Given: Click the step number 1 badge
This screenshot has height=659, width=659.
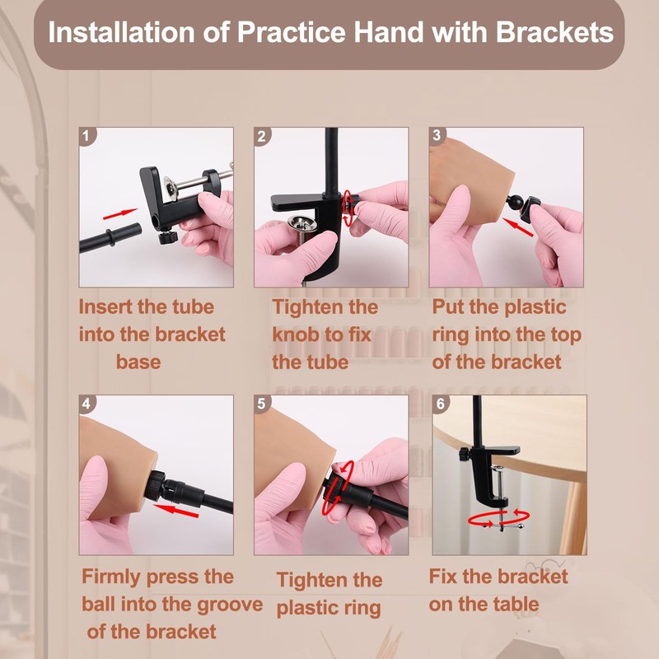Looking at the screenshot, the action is pyautogui.click(x=87, y=136).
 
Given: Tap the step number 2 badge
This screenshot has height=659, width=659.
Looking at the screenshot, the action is pyautogui.click(x=262, y=136).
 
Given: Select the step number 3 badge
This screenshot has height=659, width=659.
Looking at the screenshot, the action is pyautogui.click(x=437, y=135).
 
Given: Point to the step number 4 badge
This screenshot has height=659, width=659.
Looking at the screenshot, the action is pyautogui.click(x=87, y=404).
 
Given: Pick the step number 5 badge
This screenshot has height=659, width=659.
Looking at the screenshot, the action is pyautogui.click(x=262, y=404).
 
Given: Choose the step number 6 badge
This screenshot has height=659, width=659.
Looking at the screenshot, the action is pyautogui.click(x=441, y=404).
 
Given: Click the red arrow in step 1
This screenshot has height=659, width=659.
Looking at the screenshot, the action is pyautogui.click(x=120, y=214).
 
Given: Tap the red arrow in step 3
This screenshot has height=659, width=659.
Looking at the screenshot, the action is pyautogui.click(x=518, y=227).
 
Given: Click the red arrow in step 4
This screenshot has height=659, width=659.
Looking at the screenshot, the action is pyautogui.click(x=175, y=511).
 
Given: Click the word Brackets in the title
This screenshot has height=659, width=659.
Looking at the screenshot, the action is pyautogui.click(x=554, y=32).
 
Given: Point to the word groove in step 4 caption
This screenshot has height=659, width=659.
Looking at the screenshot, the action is pyautogui.click(x=230, y=605).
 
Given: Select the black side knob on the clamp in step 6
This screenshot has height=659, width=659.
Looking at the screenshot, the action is pyautogui.click(x=464, y=454).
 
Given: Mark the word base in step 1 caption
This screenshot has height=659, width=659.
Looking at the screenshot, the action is pyautogui.click(x=138, y=362).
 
